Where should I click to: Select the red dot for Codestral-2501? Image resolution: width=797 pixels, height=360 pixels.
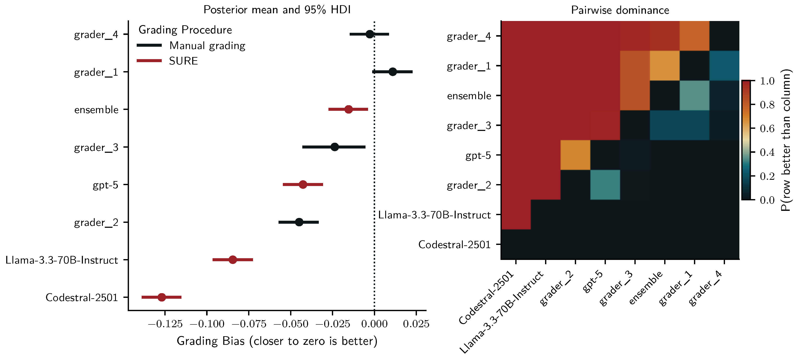(162, 297)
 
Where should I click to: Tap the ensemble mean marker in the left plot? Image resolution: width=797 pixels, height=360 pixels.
(348, 109)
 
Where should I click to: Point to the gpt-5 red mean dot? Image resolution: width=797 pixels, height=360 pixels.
(303, 184)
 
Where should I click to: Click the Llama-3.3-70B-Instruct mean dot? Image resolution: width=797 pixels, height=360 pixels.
(233, 260)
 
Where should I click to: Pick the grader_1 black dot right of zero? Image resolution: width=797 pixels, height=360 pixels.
(392, 72)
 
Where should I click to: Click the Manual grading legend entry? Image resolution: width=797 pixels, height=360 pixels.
(207, 45)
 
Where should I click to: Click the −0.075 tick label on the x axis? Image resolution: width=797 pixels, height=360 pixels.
(249, 324)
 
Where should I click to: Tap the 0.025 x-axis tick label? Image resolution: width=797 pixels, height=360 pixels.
(416, 324)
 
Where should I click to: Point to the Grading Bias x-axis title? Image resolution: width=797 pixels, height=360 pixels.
(277, 341)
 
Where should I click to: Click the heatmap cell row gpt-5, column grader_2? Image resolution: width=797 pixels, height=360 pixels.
(575, 155)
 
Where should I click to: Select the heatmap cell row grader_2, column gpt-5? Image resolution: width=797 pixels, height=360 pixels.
(605, 185)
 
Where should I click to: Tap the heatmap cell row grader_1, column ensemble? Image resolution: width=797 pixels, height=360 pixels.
(665, 66)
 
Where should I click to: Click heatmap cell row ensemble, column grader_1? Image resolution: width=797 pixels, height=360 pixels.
(694, 95)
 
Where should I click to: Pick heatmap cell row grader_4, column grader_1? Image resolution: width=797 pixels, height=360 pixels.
(694, 36)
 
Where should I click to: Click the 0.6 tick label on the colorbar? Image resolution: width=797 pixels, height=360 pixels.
(767, 128)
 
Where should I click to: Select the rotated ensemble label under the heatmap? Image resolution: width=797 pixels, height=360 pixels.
(646, 288)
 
